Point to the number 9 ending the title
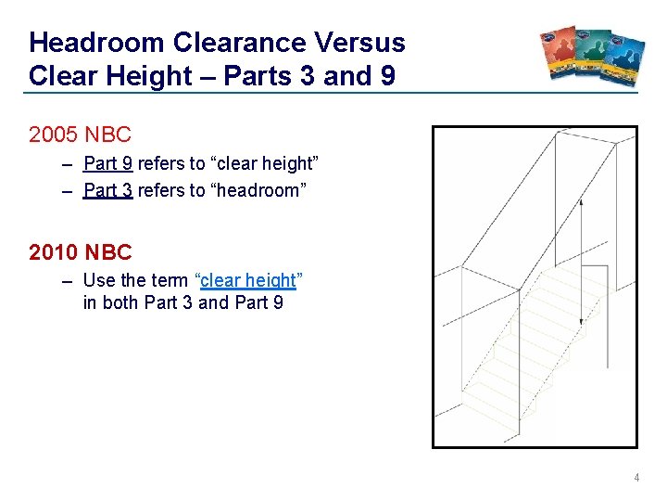point(387,75)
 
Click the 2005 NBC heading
point(81,135)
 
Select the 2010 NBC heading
point(81,251)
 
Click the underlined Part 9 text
point(108,164)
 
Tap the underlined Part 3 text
point(108,191)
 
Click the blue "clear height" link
point(248,280)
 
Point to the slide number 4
point(636,478)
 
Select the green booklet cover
point(593,57)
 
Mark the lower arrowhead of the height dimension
point(581,321)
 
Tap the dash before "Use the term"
point(69,280)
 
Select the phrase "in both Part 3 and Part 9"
point(183,303)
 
